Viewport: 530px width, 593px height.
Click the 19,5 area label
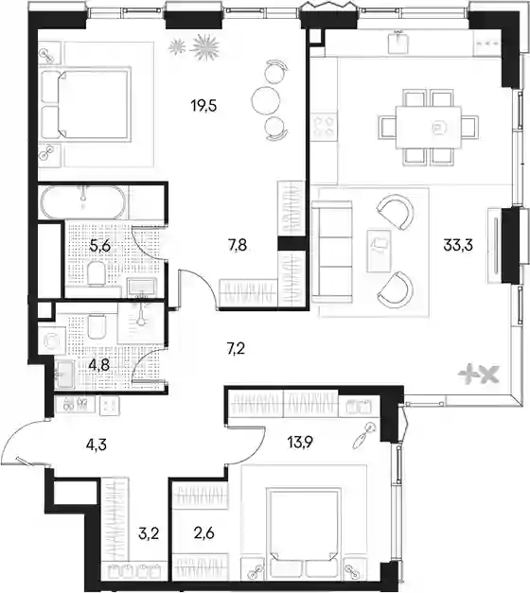click(x=203, y=107)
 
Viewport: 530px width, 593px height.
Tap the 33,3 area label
click(x=458, y=246)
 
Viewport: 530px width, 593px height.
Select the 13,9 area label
click(x=300, y=442)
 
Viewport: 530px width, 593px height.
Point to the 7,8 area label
click(x=238, y=246)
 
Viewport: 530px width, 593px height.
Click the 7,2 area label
click(x=236, y=349)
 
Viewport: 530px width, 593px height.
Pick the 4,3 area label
click(x=97, y=445)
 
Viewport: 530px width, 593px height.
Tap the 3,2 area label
click(x=149, y=534)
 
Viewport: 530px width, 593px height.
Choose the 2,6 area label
click(x=203, y=533)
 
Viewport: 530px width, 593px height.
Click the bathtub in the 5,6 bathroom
click(x=83, y=202)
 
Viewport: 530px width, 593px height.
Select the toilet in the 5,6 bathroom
click(x=96, y=273)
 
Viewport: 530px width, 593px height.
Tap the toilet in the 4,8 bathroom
click(x=97, y=326)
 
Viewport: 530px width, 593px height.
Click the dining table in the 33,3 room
click(x=429, y=128)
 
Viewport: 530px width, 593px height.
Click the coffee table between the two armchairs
click(x=379, y=251)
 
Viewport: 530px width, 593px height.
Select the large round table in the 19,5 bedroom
click(x=265, y=100)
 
